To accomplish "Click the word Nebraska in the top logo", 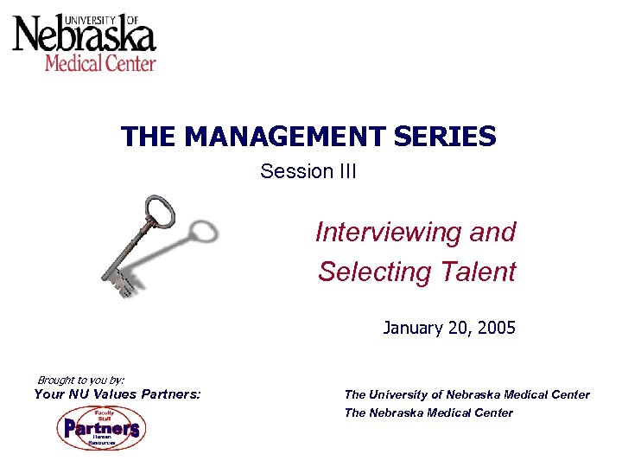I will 84,37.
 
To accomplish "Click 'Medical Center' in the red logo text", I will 100,63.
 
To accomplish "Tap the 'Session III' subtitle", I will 308,171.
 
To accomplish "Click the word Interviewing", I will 390,232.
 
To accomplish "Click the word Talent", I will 477,272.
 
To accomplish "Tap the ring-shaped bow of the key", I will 161,211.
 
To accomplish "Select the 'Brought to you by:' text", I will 81,380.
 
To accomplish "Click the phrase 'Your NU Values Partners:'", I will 117,394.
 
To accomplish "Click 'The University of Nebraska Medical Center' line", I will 466,394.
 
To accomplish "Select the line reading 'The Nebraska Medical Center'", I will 428,413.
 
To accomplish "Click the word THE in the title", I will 149,137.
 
